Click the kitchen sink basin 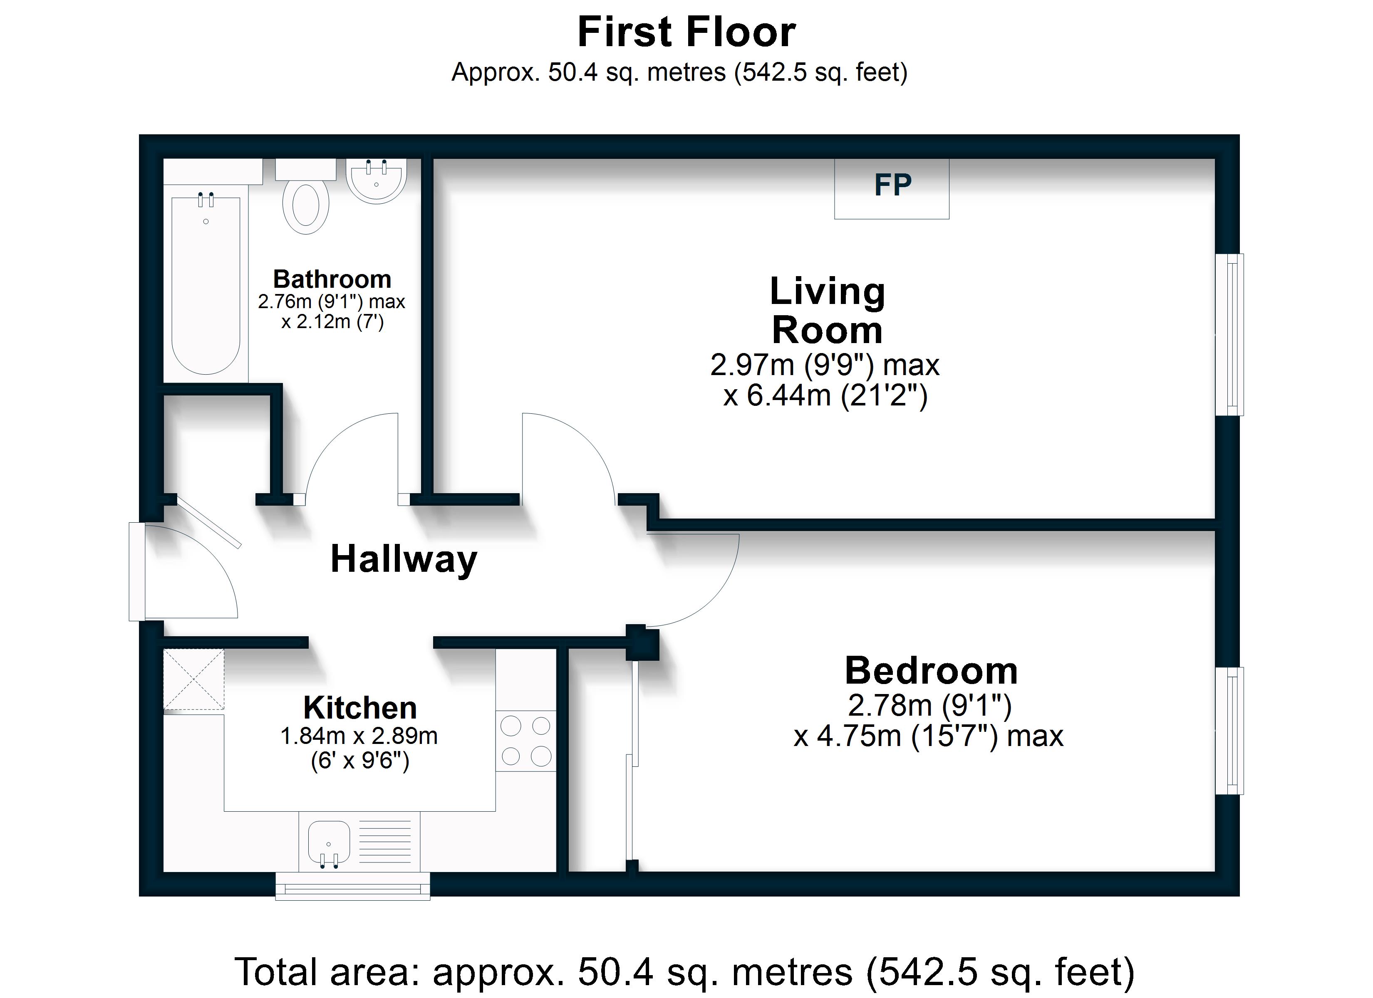329,842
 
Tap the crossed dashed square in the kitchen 194,679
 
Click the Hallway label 404,559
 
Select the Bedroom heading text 931,671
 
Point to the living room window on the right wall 1229,335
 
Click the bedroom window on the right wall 1229,731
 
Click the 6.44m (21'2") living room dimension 825,396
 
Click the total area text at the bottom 684,972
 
